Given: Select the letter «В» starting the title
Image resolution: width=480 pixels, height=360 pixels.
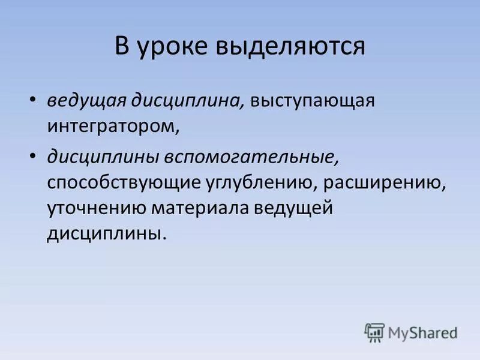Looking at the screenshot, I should [x=122, y=47].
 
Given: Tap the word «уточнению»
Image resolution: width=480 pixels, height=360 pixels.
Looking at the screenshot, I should [x=98, y=209].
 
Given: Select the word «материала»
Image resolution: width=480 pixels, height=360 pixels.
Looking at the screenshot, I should [x=201, y=209].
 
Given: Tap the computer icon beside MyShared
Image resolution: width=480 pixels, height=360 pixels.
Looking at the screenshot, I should [x=375, y=331].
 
